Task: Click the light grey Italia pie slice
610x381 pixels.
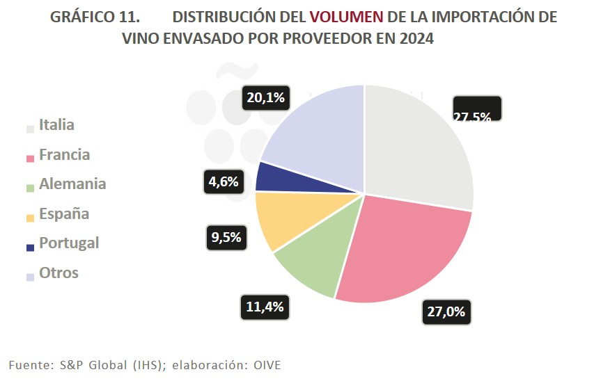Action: (418, 146)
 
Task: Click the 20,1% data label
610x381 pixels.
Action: (265, 98)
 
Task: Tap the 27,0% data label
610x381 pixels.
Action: (446, 312)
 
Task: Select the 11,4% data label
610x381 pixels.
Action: (265, 307)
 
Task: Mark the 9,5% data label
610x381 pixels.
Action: (226, 237)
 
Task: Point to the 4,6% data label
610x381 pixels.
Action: (224, 182)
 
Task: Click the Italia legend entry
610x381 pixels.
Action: (56, 125)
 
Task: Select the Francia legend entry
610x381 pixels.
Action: (64, 154)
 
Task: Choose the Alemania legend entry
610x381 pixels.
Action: (72, 184)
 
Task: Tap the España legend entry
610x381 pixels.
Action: (63, 213)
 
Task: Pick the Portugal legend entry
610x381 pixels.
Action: (68, 243)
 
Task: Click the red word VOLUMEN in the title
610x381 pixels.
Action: (347, 17)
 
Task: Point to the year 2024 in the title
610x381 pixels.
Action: (417, 39)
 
